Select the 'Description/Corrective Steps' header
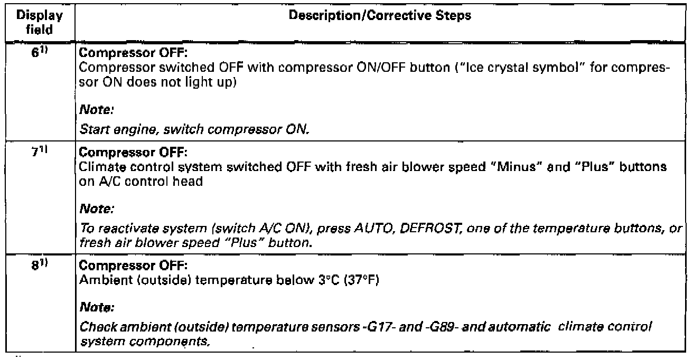379,16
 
